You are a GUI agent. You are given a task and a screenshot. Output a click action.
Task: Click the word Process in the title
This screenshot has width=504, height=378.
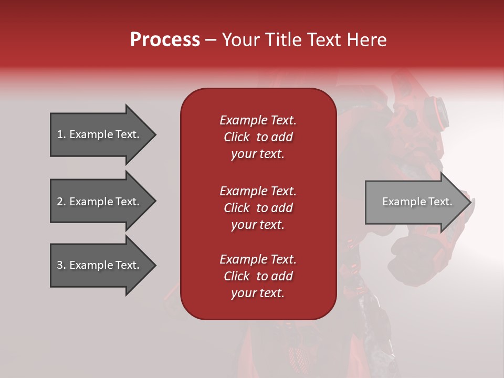point(165,40)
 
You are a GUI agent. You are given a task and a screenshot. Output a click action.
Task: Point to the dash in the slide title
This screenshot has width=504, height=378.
point(211,40)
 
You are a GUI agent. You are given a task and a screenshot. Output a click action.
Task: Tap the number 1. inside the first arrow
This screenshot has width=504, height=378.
point(61,134)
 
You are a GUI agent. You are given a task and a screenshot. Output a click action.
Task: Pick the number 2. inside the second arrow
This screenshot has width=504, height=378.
point(61,202)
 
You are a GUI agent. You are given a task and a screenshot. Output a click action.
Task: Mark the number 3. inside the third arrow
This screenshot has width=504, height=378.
point(61,265)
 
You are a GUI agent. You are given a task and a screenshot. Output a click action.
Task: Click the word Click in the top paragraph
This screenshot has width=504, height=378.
point(237,137)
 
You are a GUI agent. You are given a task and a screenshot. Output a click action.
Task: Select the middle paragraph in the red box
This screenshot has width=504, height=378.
point(258,208)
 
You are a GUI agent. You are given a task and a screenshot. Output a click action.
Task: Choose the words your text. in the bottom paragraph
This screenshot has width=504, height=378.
point(258,293)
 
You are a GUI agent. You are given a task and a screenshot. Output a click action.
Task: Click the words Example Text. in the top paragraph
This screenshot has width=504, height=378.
point(258,120)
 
